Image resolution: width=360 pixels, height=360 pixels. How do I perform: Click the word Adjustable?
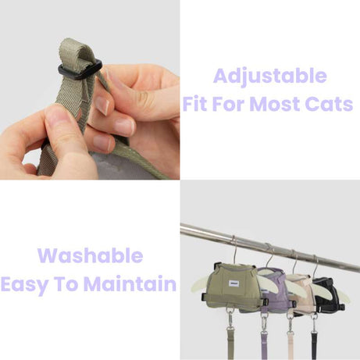(x=269, y=76)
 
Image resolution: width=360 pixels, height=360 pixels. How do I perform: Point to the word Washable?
(x=90, y=256)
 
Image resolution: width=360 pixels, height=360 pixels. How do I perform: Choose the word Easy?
(x=30, y=284)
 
